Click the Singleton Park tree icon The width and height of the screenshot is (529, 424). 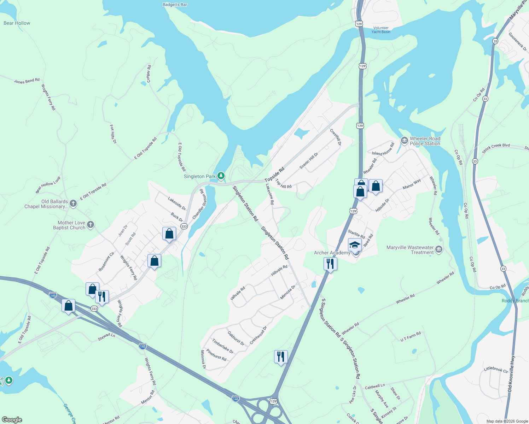[x=221, y=176]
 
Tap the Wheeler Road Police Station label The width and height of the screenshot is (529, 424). [x=425, y=141]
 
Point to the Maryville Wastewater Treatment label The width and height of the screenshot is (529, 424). [x=410, y=250]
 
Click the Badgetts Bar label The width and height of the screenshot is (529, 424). [x=175, y=5]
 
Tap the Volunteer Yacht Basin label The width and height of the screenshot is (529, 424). [x=381, y=30]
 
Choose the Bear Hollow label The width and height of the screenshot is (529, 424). [x=17, y=23]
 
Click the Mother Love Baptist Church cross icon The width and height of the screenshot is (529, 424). [x=91, y=225]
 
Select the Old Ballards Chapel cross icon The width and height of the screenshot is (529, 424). [x=73, y=203]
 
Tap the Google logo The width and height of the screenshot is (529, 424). [x=12, y=420]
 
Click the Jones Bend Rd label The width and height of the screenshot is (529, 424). [x=27, y=81]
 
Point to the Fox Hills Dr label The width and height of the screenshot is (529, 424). [x=113, y=134]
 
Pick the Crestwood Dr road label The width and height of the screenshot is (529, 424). [x=258, y=335]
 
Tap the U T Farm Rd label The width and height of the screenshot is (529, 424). [x=411, y=336]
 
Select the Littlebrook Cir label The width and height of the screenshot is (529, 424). [x=496, y=370]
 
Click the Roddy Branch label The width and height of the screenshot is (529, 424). [x=515, y=301]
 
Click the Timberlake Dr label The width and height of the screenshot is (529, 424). [x=223, y=346]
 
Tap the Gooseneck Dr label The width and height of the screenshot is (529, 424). [x=517, y=41]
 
